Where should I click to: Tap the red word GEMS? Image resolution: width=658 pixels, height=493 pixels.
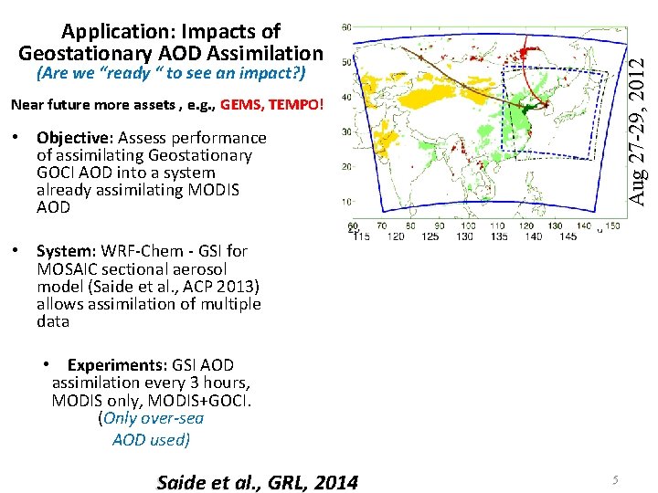click(x=242, y=104)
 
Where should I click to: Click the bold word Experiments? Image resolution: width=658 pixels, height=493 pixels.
click(x=113, y=365)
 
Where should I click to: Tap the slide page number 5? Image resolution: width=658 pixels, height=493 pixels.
click(x=616, y=480)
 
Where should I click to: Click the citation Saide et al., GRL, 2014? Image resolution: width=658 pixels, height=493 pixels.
click(x=258, y=482)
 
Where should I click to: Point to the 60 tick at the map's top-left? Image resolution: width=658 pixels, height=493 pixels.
click(x=345, y=27)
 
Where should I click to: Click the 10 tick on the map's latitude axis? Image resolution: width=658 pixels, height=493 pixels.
click(x=345, y=202)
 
